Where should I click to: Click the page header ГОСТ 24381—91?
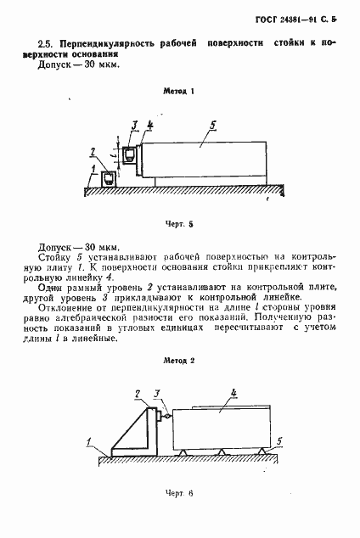coord(301,18)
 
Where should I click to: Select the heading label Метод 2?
coord(180,360)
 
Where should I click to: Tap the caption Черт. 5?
coord(180,225)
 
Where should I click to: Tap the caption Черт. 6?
coord(180,492)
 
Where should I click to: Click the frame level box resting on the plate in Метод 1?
coord(109,178)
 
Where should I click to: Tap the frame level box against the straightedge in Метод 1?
coord(130,155)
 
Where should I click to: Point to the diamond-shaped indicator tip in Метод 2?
coord(170,416)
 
